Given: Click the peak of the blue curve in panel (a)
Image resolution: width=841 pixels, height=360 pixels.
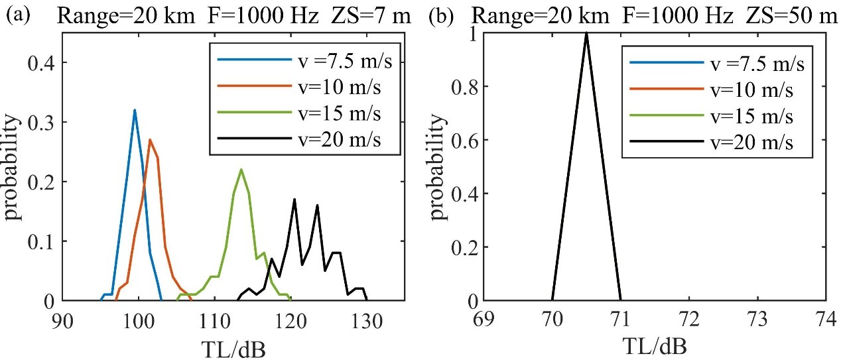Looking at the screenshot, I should [135, 110].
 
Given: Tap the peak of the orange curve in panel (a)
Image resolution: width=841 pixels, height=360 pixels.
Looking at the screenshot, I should [150, 139].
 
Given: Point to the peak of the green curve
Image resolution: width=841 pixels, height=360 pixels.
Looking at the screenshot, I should [241, 169].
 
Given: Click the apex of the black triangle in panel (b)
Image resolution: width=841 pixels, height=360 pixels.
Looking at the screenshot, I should [586, 33].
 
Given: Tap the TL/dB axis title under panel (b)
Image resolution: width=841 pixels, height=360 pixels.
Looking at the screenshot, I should [654, 345].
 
